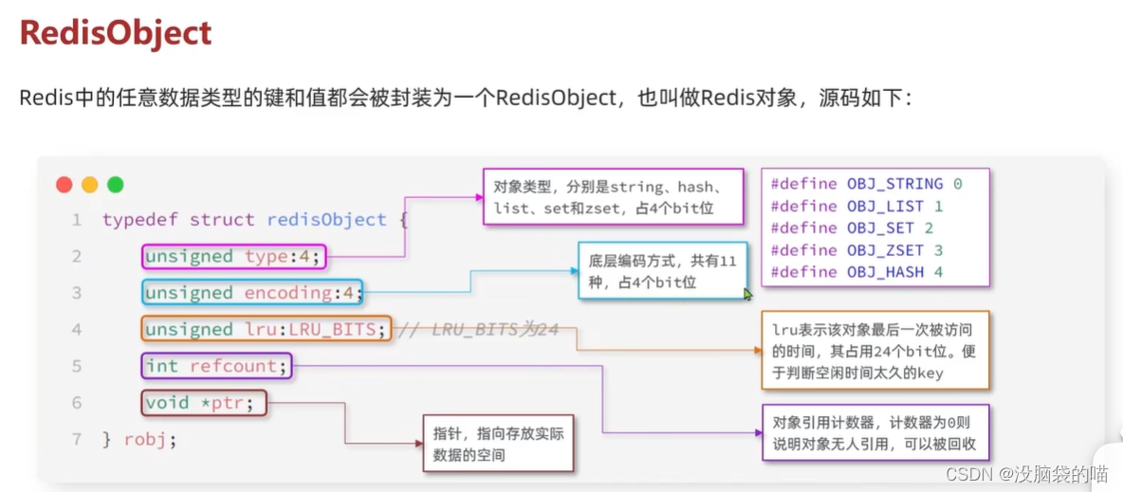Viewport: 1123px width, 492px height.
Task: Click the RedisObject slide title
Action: [x=115, y=34]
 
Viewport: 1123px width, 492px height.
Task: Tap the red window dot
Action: [x=64, y=185]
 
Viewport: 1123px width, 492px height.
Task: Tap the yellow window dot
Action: [x=90, y=185]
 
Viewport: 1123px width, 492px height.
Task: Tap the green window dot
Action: [x=116, y=185]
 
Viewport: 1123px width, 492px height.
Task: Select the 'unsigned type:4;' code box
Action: [x=234, y=256]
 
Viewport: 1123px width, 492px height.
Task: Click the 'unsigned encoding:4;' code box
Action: [x=253, y=293]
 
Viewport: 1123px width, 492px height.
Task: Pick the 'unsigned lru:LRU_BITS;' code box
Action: [x=266, y=329]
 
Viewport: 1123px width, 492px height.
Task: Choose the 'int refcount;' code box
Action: [x=217, y=366]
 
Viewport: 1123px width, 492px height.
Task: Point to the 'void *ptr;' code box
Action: [x=204, y=404]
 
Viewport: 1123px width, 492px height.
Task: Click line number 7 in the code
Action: [x=77, y=440]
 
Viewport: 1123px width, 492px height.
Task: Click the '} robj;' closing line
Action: [x=139, y=440]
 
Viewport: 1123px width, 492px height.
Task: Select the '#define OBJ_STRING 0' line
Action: [x=866, y=184]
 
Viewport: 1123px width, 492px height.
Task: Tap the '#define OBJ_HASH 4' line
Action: [x=856, y=272]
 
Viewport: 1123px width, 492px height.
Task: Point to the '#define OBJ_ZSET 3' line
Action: [x=856, y=250]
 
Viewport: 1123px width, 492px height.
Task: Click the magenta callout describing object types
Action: [x=613, y=197]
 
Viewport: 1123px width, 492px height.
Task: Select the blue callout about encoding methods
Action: [x=660, y=270]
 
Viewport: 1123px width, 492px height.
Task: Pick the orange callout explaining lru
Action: [x=874, y=351]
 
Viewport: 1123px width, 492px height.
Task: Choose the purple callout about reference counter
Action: [x=874, y=433]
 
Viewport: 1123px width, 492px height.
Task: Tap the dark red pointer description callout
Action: [x=498, y=444]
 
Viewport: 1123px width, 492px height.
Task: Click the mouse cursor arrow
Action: [x=747, y=294]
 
